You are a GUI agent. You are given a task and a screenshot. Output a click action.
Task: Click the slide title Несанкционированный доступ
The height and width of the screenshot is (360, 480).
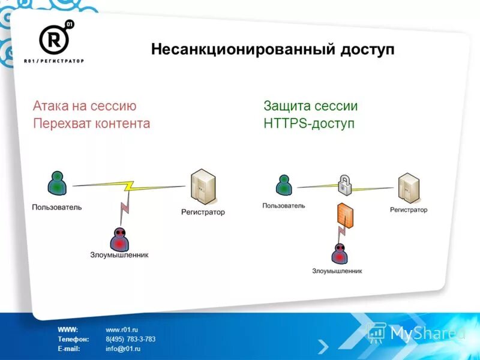click(272, 49)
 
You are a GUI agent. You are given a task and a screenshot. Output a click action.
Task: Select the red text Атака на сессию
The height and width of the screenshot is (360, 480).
click(85, 106)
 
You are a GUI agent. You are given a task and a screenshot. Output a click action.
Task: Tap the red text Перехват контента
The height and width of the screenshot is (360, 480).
click(91, 124)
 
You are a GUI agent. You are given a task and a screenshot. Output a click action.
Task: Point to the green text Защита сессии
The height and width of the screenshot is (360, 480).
click(310, 106)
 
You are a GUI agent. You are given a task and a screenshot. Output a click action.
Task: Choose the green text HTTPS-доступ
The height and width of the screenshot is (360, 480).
click(309, 124)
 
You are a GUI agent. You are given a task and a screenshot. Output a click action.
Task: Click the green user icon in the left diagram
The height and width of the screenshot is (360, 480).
click(56, 184)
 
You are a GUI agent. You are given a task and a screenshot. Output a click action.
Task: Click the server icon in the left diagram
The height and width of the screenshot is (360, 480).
click(203, 186)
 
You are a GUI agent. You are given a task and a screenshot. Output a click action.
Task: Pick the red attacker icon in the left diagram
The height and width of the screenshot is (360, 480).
click(120, 239)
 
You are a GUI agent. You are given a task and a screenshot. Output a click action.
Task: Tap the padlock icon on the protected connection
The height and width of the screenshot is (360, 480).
click(344, 185)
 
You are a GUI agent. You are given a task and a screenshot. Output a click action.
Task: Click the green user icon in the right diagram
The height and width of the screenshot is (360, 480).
click(284, 184)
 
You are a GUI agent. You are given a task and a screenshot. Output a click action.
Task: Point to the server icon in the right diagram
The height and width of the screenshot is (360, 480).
click(408, 187)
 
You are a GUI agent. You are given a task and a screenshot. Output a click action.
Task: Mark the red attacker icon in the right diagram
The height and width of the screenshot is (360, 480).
click(340, 253)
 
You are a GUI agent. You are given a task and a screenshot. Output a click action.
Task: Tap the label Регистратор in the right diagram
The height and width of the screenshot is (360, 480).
click(409, 210)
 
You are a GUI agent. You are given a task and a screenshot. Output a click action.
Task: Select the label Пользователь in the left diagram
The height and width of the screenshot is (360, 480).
click(57, 207)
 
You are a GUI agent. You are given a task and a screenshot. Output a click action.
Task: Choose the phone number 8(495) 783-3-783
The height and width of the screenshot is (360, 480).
click(130, 339)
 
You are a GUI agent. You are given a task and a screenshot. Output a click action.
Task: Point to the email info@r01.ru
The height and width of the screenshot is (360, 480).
click(123, 348)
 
